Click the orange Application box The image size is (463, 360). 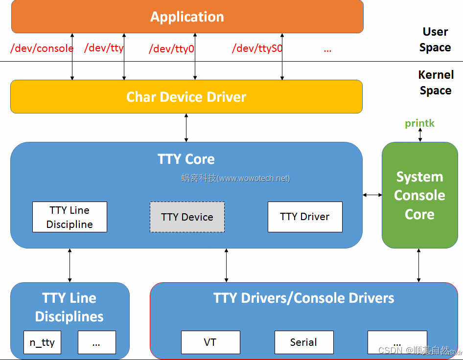187,17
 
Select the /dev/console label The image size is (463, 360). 42,48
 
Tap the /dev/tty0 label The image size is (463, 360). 171,49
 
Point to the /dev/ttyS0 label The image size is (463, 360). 257,48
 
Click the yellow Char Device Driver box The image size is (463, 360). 186,97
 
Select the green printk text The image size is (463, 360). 419,123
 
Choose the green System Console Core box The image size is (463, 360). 419,195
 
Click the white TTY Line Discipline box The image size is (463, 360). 69,217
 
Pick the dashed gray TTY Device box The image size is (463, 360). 187,217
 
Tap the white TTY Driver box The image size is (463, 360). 304,217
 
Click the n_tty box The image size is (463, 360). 42,342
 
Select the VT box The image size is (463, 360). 210,342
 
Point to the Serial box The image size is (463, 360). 303,342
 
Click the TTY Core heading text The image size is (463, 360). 186,159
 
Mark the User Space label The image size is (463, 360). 435,40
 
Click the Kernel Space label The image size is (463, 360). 436,83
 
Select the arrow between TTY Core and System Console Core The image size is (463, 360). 372,195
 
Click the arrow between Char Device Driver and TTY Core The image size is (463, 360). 186,128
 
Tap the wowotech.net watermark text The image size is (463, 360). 235,178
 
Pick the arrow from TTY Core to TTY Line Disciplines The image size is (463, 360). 69,265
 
